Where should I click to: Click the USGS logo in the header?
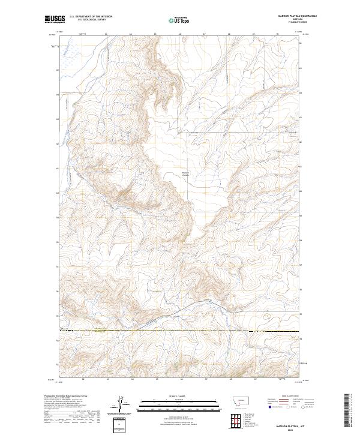[x=55, y=20]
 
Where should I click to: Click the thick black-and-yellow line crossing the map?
[x=180, y=331]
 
